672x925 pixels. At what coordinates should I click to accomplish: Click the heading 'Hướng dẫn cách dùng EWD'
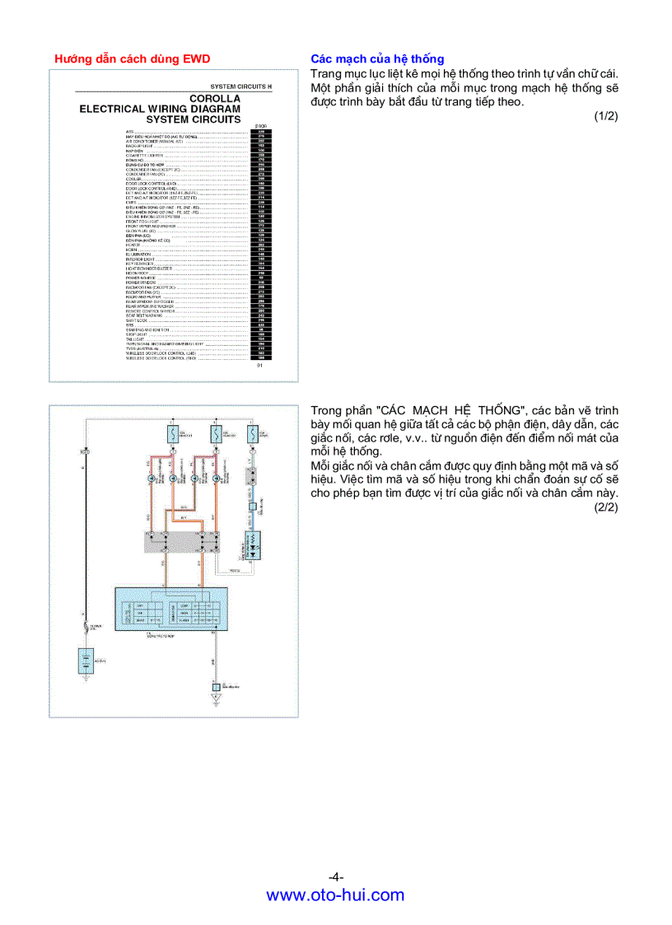[x=132, y=58]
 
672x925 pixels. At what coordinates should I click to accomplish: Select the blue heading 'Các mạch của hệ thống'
[x=377, y=58]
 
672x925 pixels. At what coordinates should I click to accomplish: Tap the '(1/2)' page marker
[x=606, y=116]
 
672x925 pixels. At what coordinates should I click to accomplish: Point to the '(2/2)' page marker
[x=606, y=507]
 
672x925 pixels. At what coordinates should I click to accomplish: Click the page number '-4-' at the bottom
[x=336, y=876]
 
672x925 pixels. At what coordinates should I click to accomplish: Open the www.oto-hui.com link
[x=336, y=895]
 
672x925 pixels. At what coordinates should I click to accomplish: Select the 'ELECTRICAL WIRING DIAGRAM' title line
[x=160, y=109]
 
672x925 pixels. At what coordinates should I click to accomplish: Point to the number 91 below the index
[x=260, y=364]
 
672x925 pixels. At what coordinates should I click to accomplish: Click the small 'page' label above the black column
[x=260, y=126]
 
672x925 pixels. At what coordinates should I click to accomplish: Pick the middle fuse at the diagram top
[x=214, y=433]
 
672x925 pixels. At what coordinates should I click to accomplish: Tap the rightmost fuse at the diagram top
[x=252, y=433]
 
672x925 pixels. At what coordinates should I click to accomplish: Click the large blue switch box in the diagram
[x=170, y=609]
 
